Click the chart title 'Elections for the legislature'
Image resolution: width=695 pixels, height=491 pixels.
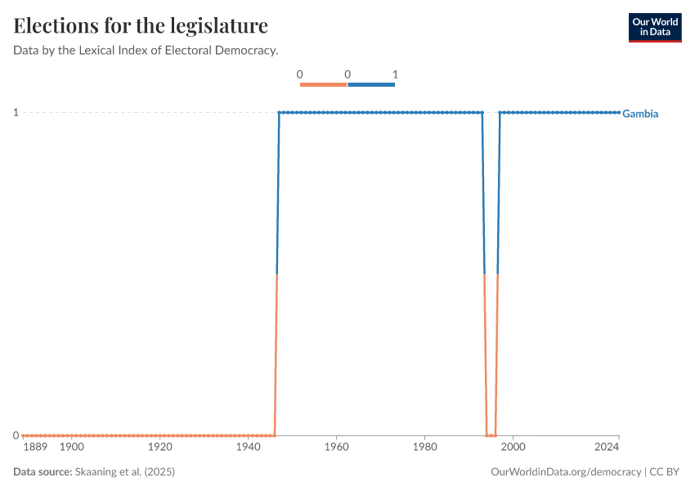[x=141, y=25]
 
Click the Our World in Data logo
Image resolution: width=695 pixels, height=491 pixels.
[x=654, y=27]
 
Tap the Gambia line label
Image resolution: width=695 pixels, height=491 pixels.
[x=640, y=114]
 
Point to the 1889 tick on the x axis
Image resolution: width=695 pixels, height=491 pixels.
[x=35, y=448]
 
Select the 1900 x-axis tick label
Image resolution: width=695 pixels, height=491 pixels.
[x=72, y=448]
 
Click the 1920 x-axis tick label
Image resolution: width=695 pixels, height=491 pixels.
[x=160, y=448]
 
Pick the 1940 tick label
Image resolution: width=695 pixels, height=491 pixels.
[x=249, y=448]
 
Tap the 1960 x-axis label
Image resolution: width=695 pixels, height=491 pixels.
[x=337, y=448]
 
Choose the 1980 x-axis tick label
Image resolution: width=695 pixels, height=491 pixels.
[x=424, y=448]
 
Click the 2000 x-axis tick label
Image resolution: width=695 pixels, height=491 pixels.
[x=513, y=448]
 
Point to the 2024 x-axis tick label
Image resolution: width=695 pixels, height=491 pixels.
[x=607, y=448]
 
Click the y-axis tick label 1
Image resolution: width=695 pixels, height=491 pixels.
[x=16, y=112]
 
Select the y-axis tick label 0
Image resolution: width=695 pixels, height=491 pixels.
[x=16, y=435]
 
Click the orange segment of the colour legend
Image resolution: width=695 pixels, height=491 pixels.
[x=324, y=84]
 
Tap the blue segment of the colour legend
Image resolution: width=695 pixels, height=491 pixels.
[x=371, y=84]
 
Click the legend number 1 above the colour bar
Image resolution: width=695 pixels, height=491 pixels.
[x=394, y=74]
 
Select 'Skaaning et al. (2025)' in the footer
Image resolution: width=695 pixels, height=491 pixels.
[x=125, y=472]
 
